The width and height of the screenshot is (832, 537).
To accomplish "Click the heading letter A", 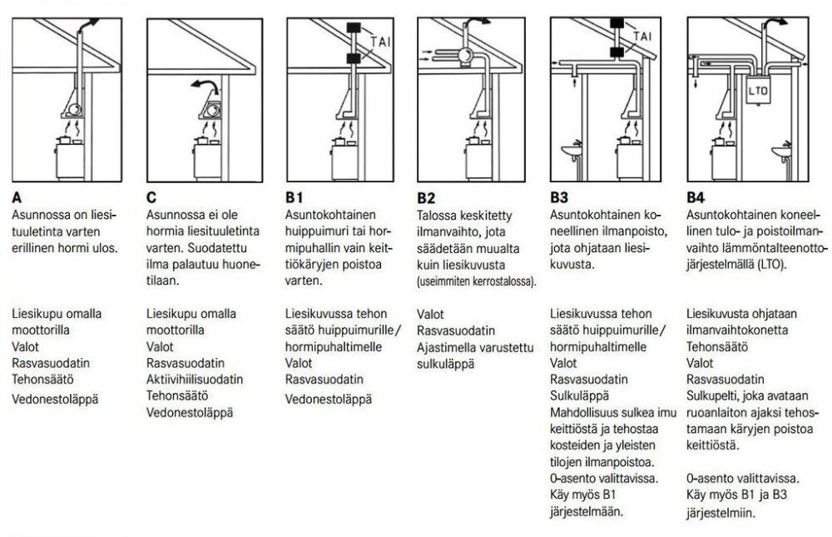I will tap(17, 200).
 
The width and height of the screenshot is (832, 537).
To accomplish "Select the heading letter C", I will tap(152, 200).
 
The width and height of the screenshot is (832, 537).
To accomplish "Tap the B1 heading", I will tap(292, 200).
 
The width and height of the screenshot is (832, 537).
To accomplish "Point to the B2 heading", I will tap(427, 200).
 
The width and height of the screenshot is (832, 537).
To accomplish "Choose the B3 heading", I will tap(560, 200).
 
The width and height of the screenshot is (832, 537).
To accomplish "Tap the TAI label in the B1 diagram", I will tap(380, 41).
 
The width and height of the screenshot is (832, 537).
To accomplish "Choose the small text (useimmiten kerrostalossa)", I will tap(477, 283).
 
